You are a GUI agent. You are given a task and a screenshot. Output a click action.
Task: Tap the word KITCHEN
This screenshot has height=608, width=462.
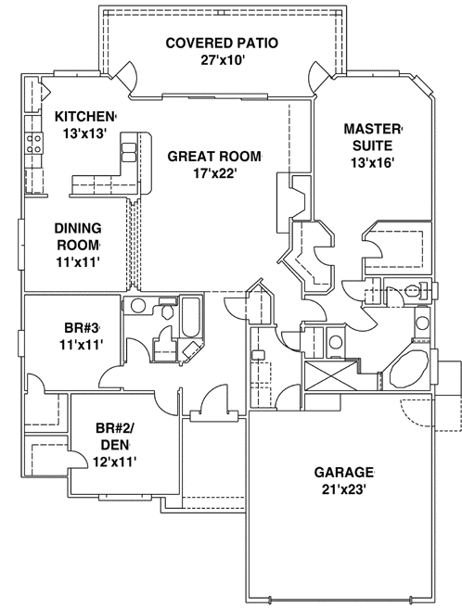(84, 116)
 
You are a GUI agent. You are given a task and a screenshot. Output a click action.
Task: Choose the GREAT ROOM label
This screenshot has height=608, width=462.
(214, 156)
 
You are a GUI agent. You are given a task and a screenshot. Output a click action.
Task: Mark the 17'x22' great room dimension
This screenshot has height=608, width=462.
(214, 172)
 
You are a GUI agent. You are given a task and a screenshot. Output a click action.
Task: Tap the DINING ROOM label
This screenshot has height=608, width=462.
(77, 236)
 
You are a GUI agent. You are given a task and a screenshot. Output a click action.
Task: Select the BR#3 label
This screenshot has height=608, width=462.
(76, 327)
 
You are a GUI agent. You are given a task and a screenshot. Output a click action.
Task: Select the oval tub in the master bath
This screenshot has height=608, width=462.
(407, 375)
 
